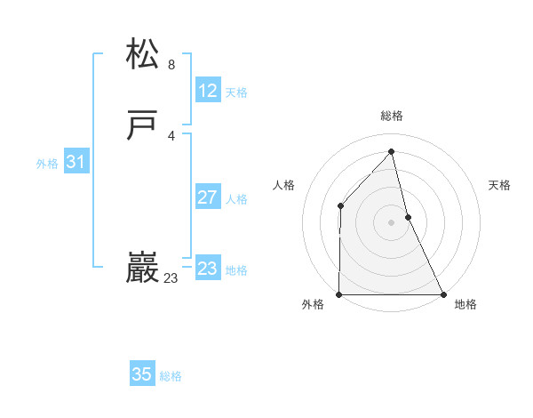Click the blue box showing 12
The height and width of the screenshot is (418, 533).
tap(208, 90)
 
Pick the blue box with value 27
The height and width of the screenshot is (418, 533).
tap(208, 197)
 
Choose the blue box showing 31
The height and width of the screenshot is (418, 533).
tap(76, 162)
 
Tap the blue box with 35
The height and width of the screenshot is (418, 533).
tap(142, 374)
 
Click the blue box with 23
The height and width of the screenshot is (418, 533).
tap(208, 268)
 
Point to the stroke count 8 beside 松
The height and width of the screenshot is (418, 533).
tap(171, 65)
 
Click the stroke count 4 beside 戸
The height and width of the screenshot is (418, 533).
tap(171, 136)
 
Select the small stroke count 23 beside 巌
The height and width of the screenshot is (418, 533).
tap(171, 278)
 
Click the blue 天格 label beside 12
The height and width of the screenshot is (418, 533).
tap(236, 92)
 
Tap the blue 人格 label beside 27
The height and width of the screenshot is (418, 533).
tap(236, 199)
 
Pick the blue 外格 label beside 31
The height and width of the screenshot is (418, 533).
tap(47, 164)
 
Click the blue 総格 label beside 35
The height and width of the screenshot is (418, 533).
tap(171, 377)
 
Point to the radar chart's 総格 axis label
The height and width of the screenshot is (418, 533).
tap(392, 116)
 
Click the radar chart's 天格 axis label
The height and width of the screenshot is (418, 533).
tap(500, 185)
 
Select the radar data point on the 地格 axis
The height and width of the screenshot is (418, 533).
tap(443, 294)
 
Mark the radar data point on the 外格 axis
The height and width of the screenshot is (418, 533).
tap(339, 294)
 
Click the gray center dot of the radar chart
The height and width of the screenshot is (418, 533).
tap(392, 222)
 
